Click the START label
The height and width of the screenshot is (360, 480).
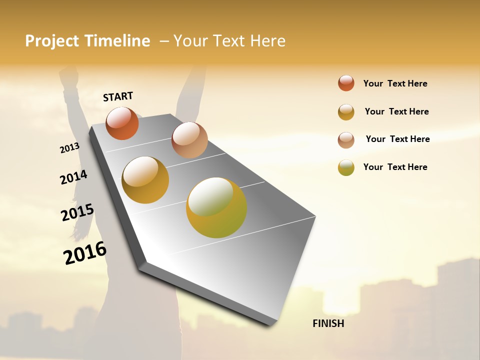pyautogui.click(x=118, y=96)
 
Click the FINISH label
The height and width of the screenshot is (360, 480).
pyautogui.click(x=328, y=323)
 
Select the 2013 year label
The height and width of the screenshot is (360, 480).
pyautogui.click(x=69, y=148)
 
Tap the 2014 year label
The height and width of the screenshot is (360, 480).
pyautogui.click(x=73, y=177)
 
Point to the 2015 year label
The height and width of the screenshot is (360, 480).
pyautogui.click(x=77, y=212)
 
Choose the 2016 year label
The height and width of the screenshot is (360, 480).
pyautogui.click(x=85, y=253)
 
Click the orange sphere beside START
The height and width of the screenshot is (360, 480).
pyautogui.click(x=122, y=123)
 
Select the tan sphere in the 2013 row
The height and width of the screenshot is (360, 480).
pyautogui.click(x=189, y=140)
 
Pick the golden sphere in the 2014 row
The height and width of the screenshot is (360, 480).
pyautogui.click(x=145, y=180)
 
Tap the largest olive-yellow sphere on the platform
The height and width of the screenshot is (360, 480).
pyautogui.click(x=216, y=207)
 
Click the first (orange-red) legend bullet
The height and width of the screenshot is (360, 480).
pyautogui.click(x=346, y=83)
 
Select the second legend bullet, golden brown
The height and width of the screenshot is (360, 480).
pyautogui.click(x=346, y=111)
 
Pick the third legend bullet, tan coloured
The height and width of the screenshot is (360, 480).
pyautogui.click(x=346, y=139)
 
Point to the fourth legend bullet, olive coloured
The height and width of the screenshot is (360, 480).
pyautogui.click(x=346, y=167)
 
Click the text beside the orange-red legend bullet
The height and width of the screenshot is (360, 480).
pyautogui.click(x=395, y=83)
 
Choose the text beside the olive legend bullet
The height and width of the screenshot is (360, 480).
pyautogui.click(x=395, y=167)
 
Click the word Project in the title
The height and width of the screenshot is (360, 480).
pyautogui.click(x=52, y=41)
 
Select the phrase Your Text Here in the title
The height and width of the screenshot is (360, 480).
pyautogui.click(x=229, y=41)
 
